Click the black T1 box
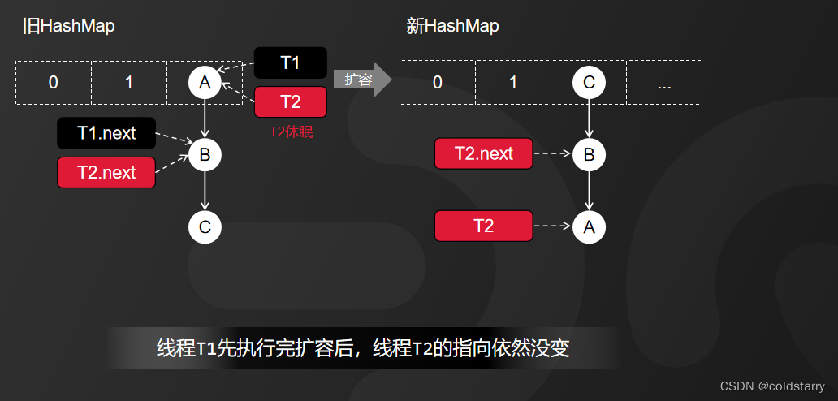coord(290,63)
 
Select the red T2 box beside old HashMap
coord(290,101)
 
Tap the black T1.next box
coord(106,133)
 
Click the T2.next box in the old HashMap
coord(106,172)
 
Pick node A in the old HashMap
coord(205,82)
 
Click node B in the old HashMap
coord(205,154)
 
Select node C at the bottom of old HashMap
coord(205,227)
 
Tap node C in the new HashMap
coord(589,82)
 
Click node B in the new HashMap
coord(589,154)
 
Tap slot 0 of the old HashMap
coord(54,82)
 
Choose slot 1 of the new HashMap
coord(512,82)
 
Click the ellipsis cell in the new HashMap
coord(664,82)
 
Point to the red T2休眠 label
coord(291,132)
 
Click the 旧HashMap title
coord(68,26)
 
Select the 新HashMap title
coord(452,26)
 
